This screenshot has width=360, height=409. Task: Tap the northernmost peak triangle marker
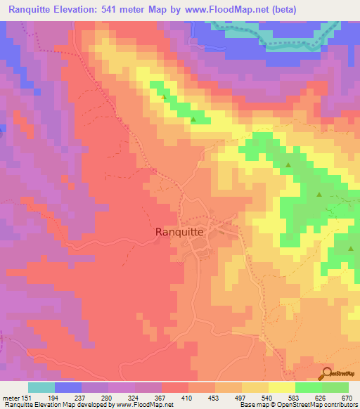(165, 98)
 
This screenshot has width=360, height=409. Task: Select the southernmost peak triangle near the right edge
(350, 248)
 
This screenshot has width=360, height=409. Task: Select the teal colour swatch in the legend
(41, 387)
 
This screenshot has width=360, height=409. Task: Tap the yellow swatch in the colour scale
(281, 387)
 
